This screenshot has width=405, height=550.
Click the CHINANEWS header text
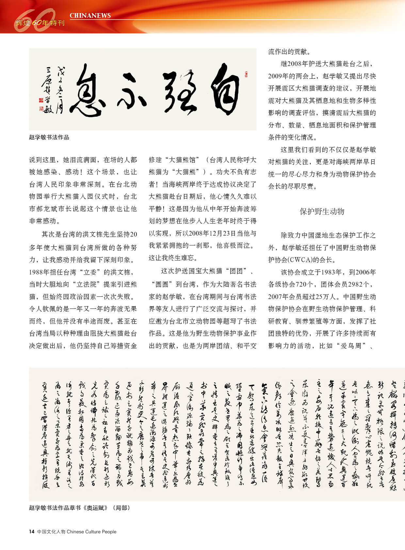(90, 15)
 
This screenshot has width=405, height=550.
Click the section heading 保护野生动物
(322, 211)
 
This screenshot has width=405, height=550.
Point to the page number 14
(32, 531)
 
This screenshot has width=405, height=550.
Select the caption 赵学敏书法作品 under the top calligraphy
(49, 137)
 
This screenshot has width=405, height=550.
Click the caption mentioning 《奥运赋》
(79, 508)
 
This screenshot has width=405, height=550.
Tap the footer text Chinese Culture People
(91, 531)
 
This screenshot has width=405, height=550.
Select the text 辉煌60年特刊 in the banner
(40, 23)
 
